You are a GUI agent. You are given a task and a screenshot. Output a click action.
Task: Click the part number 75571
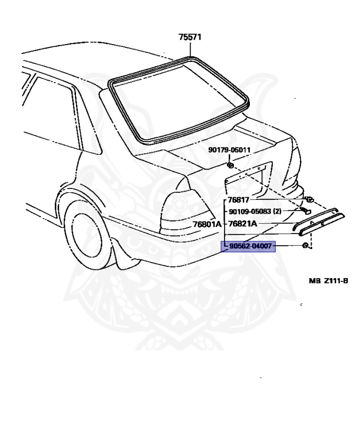tap(190, 37)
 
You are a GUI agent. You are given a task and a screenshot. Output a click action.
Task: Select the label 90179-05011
tap(229, 150)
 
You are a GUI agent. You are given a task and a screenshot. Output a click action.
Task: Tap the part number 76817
tap(239, 200)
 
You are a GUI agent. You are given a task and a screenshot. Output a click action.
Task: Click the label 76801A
tap(207, 224)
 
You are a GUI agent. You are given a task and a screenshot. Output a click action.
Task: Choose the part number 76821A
tap(242, 224)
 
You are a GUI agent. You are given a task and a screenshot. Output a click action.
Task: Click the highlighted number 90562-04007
tap(248, 246)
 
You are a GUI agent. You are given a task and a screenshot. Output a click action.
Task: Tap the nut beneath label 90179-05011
tap(231, 165)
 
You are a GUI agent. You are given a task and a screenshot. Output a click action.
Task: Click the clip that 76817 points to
tap(310, 199)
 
